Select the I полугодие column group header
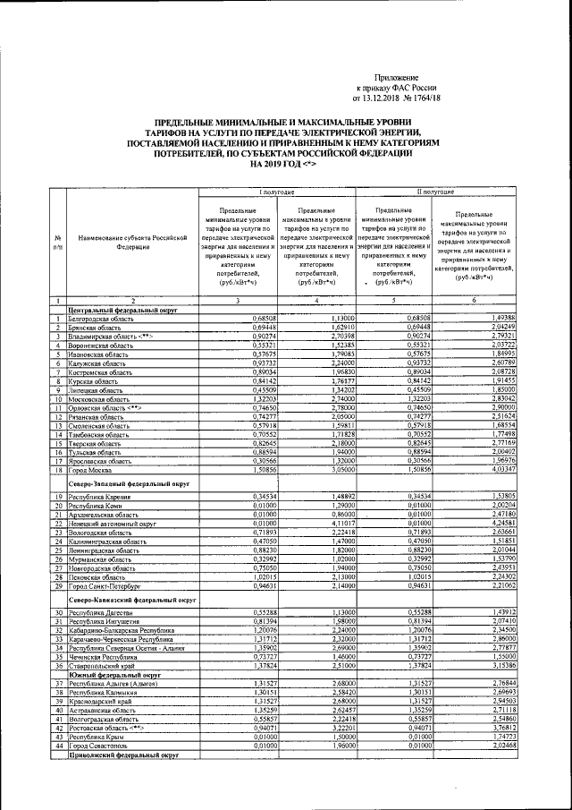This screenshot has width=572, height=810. point(277,192)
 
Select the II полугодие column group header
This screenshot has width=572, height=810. point(435,192)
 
